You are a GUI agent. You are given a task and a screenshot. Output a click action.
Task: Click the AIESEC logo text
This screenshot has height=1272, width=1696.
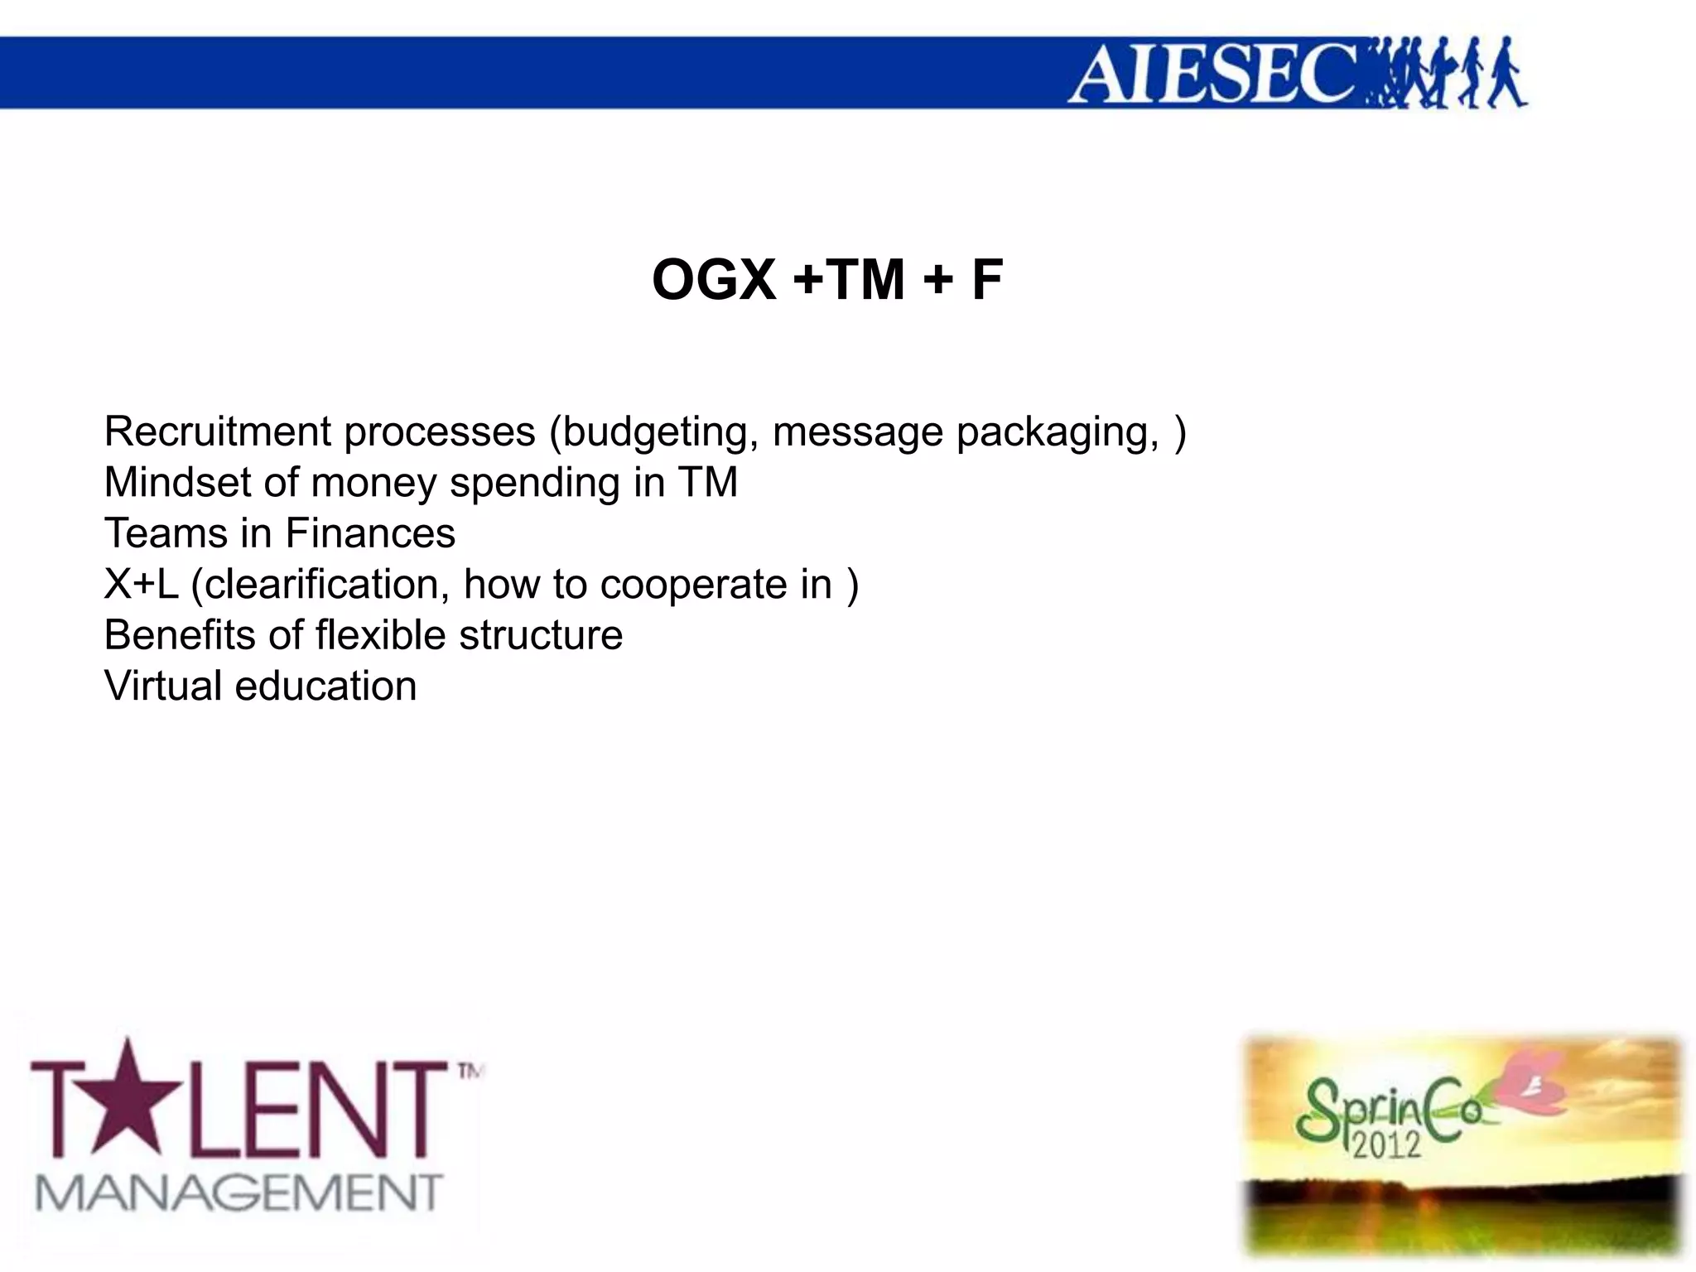1214,75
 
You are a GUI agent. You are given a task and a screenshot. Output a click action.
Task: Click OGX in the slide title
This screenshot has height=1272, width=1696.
714,280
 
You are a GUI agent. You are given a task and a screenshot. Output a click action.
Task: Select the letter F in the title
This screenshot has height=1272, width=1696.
986,280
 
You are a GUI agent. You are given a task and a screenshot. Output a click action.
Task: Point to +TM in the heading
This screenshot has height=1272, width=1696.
848,280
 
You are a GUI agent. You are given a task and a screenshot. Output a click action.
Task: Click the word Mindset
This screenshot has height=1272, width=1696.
177,482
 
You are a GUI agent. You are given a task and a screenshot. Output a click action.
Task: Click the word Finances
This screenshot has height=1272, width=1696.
370,533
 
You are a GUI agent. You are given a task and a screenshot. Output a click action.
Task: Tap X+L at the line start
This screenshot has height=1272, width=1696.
141,585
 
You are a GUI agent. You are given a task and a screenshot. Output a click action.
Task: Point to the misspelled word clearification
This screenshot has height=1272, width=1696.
320,585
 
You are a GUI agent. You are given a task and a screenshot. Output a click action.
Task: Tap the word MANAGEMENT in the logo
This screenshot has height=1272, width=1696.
238,1193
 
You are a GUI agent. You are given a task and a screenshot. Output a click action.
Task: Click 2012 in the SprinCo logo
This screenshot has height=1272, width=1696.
1386,1144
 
